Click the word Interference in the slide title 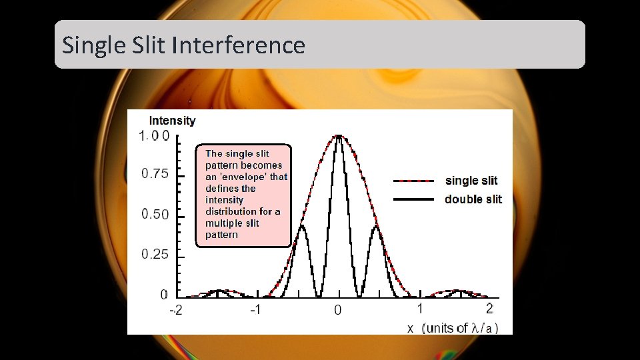pos(238,45)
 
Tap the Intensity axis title pos(172,121)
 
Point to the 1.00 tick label pos(154,136)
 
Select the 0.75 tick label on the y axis pos(155,174)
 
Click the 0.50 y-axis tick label pos(155,215)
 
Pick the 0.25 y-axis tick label pos(155,255)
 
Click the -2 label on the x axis pos(175,311)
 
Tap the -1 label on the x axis pos(255,311)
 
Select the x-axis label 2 pos(490,308)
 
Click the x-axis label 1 pos(420,308)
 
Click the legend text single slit pos(471,181)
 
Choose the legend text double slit pos(473,199)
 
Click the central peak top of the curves pos(339,136)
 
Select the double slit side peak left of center pos(301,226)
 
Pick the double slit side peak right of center pos(377,226)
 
